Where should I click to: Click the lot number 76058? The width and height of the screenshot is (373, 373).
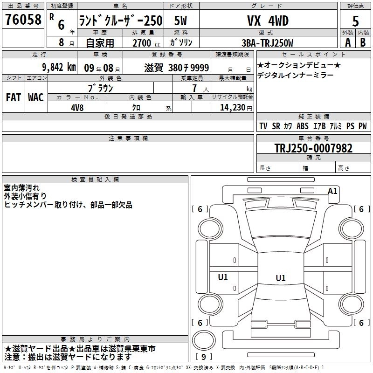23,20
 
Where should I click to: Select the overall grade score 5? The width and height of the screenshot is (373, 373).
355,21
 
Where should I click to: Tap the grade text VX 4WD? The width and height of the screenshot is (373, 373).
267,21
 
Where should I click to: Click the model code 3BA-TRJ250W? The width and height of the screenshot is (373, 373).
267,42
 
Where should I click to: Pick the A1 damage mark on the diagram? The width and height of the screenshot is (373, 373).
332,191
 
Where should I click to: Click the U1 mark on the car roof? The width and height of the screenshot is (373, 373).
280,278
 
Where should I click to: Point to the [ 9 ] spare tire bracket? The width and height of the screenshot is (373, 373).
204,357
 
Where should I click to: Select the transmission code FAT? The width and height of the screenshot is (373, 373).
13,97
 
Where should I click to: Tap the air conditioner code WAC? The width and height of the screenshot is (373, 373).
35,97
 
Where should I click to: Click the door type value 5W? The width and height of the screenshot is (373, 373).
181,21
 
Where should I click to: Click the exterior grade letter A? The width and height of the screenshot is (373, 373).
347,42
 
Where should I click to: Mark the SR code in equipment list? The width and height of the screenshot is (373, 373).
276,126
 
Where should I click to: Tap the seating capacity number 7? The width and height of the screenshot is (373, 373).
193,88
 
